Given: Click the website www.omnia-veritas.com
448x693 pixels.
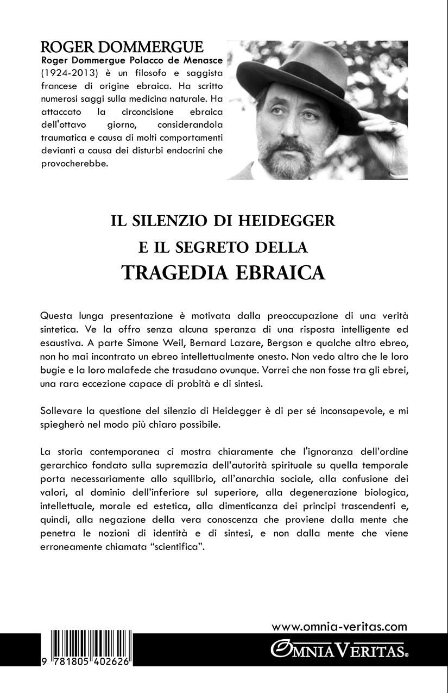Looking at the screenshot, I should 339,626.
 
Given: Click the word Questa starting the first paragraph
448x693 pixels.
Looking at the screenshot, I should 58,316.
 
